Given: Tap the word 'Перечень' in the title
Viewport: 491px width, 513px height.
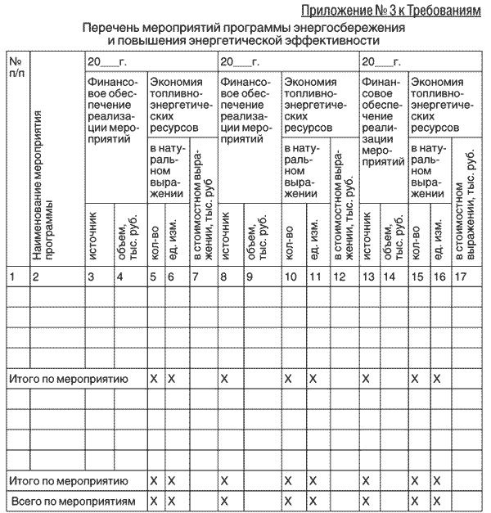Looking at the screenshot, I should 111,27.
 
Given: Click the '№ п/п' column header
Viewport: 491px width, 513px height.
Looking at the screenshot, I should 16,67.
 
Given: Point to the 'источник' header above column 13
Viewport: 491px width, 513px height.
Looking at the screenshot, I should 367,238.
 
